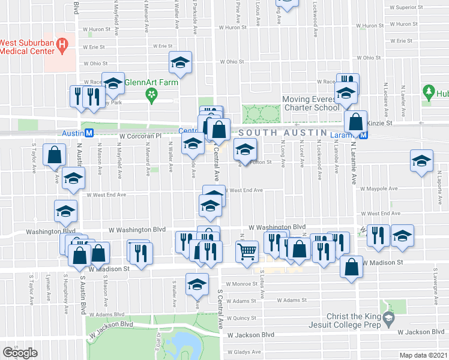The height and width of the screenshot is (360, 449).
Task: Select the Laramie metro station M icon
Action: point(372,134)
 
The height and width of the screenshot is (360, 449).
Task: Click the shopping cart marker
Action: point(247,253)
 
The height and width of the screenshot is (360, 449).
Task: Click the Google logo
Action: point(20,352)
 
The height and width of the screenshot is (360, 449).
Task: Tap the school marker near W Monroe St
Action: point(196,284)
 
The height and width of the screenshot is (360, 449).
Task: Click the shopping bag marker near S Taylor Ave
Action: point(55,155)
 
